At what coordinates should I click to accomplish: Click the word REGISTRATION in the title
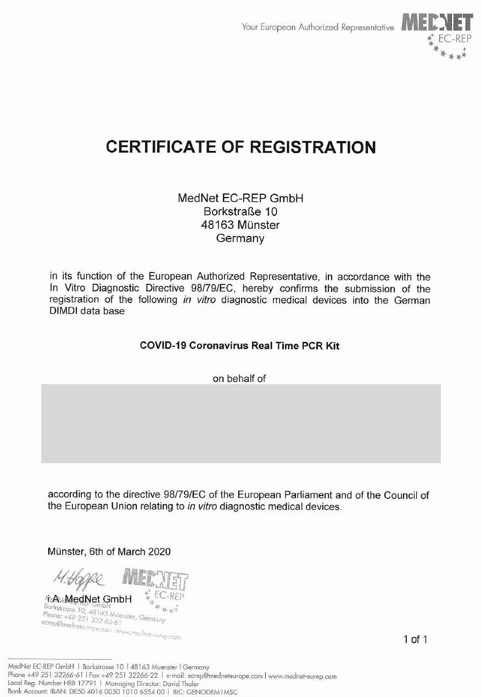pos(313,147)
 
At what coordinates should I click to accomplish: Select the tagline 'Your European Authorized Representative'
pos(318,27)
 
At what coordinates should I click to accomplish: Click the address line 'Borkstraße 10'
pos(240,211)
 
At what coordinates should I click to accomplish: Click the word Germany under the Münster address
pos(240,239)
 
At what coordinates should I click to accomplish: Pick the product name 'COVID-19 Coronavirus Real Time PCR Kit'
pos(240,346)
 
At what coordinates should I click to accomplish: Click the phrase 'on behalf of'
pos(239,378)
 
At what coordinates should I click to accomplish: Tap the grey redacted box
pos(240,423)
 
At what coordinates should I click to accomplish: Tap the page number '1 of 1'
pos(415,639)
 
